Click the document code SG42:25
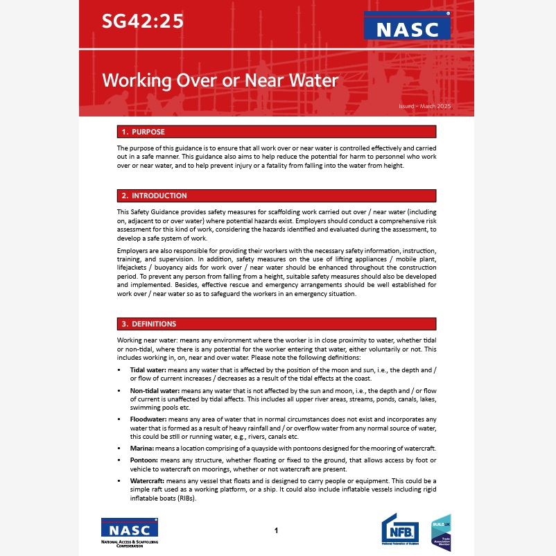pyautogui.click(x=143, y=21)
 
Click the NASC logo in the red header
pyautogui.click(x=407, y=28)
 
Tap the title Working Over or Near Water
pyautogui.click(x=220, y=80)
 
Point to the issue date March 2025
pyautogui.click(x=425, y=106)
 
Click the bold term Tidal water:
pyautogui.click(x=148, y=371)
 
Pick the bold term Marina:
pyautogui.click(x=143, y=449)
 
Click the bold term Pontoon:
pyautogui.click(x=146, y=460)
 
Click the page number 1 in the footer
pyautogui.click(x=276, y=530)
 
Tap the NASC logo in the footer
pyautogui.click(x=129, y=532)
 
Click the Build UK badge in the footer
pyautogui.click(x=441, y=532)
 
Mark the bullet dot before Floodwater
pyautogui.click(x=121, y=419)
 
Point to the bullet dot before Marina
pyautogui.click(x=121, y=449)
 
